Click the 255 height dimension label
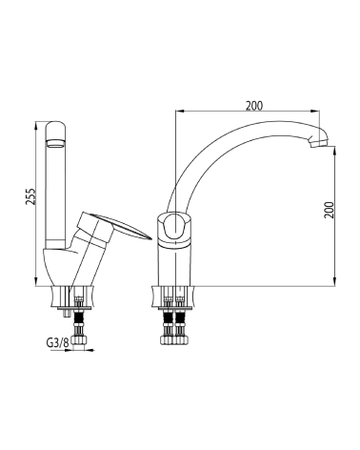(31, 196)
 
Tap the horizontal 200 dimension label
(254, 106)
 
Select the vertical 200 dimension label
(330, 210)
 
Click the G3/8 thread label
(58, 343)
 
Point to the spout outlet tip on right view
(318, 145)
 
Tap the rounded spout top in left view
(56, 126)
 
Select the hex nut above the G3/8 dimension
(78, 340)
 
